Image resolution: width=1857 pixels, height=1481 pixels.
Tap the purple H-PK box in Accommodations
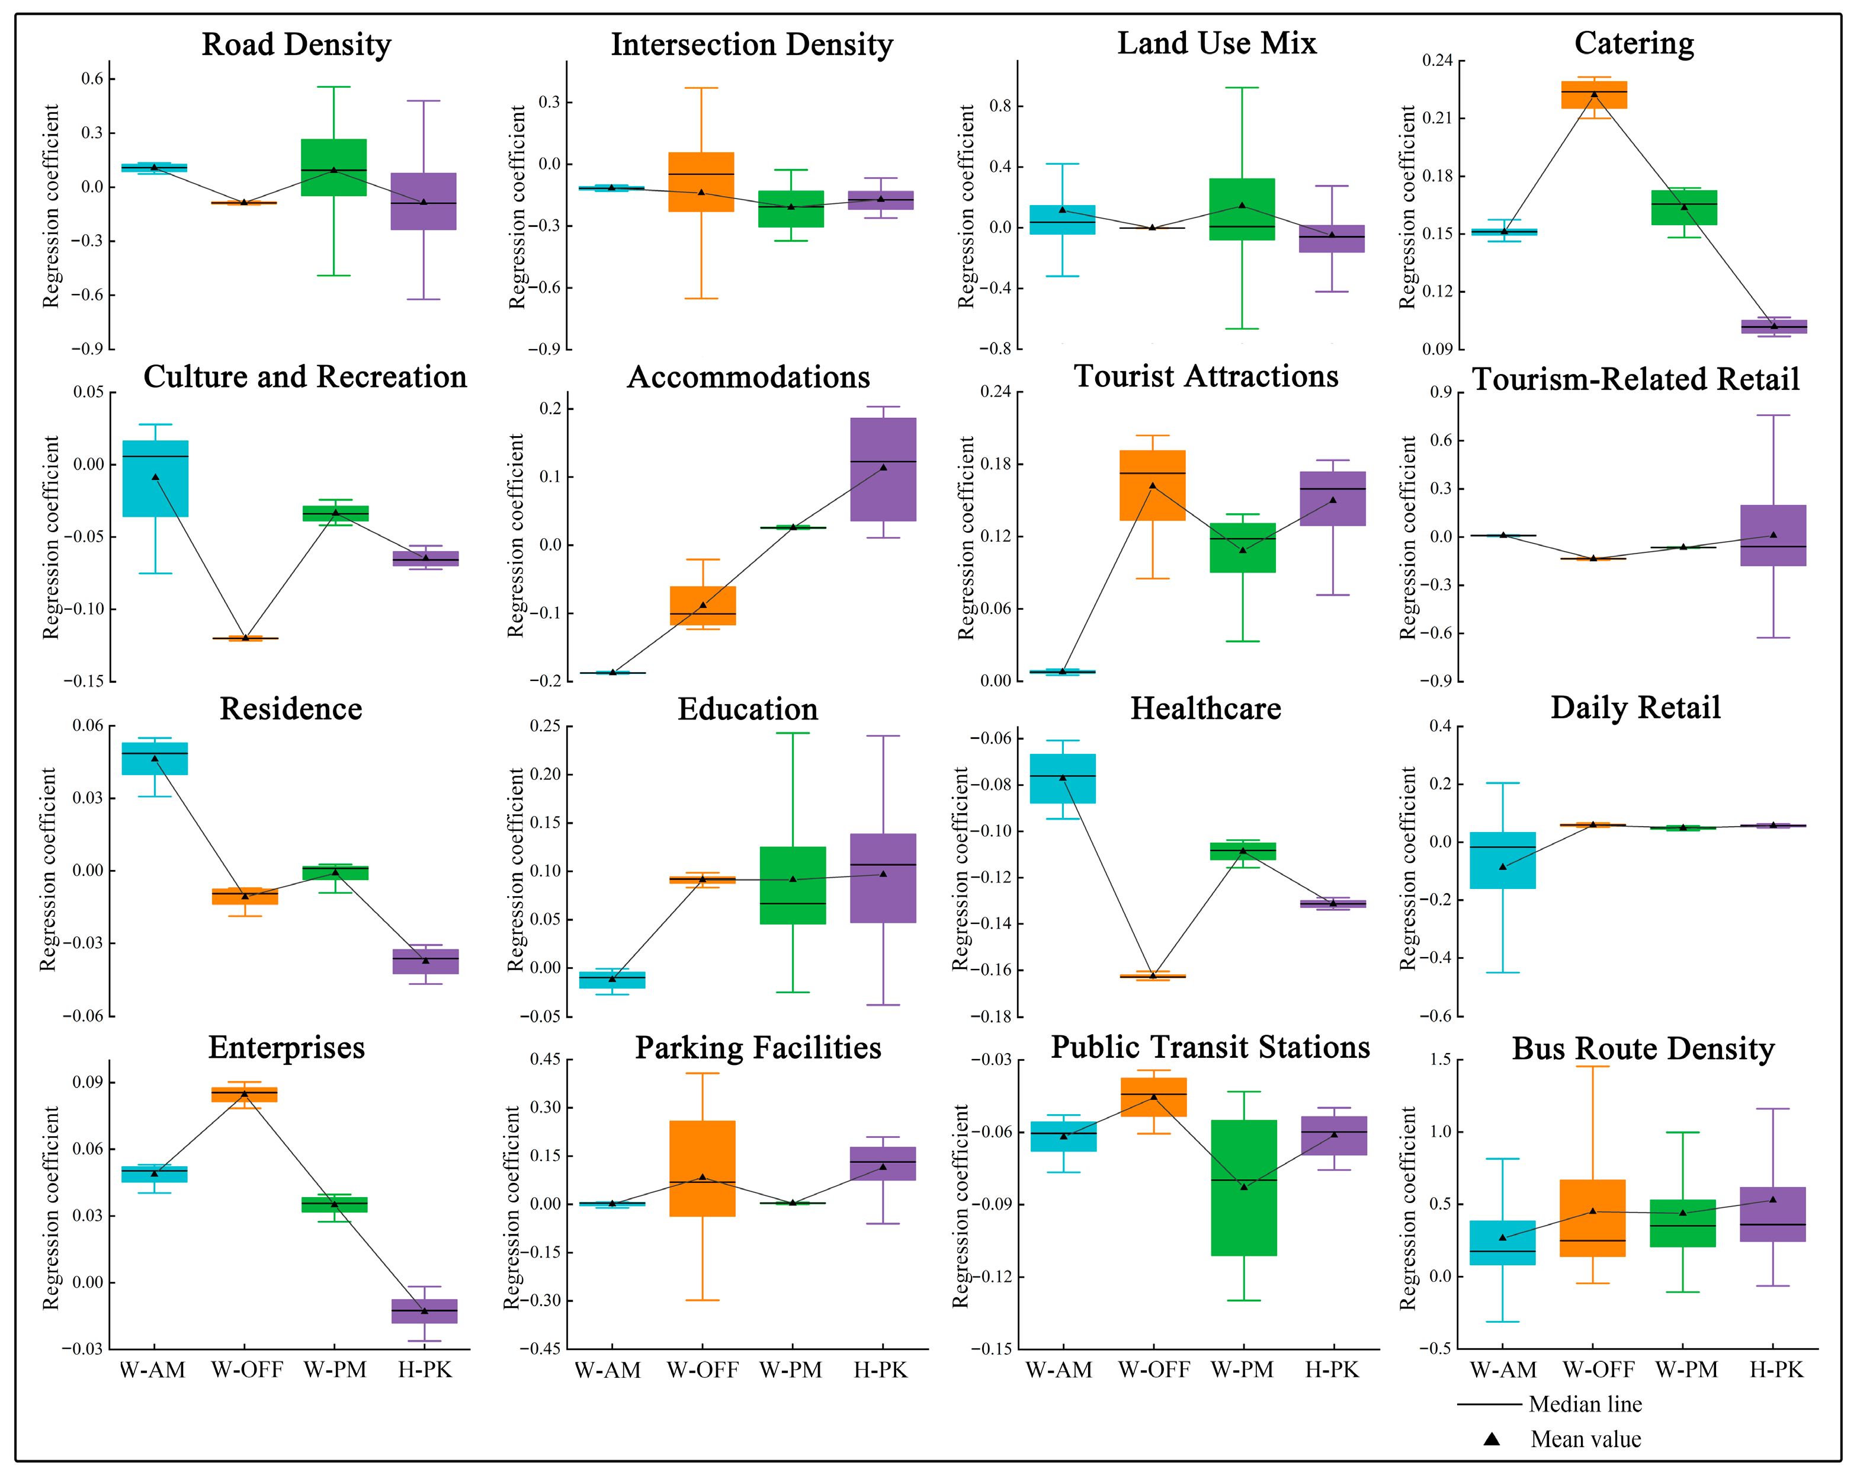[883, 469]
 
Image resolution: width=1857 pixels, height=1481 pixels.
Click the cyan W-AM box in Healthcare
[1063, 779]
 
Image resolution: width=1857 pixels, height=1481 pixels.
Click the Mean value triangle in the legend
[1492, 1439]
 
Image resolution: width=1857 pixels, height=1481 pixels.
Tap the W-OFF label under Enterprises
[247, 1370]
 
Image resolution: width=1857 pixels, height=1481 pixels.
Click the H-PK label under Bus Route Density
[1776, 1370]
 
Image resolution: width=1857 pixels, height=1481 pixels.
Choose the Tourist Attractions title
[1206, 376]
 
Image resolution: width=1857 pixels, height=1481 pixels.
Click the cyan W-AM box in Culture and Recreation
[155, 478]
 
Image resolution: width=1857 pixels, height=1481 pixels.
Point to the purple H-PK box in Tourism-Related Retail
[1772, 535]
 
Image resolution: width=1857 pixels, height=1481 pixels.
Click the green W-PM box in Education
[793, 885]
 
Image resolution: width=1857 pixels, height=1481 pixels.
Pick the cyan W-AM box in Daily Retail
[1503, 860]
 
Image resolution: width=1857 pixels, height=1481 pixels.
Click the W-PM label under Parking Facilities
[791, 1370]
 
